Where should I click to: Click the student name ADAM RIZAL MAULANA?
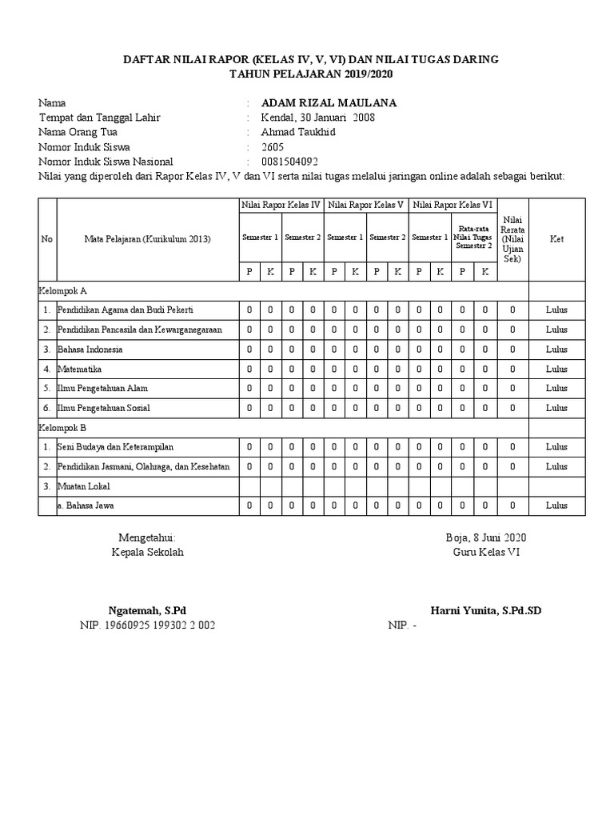point(329,103)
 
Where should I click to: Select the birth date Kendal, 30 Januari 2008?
point(318,118)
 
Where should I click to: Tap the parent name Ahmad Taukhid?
point(298,132)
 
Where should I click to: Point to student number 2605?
point(273,147)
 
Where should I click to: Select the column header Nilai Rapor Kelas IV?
point(281,206)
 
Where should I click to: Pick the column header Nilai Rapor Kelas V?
point(366,206)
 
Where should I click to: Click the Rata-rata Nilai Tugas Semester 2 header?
point(472,237)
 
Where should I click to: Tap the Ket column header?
point(556,239)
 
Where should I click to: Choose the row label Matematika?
point(79,369)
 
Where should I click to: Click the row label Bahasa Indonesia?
point(90,350)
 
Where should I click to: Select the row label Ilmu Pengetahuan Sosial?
point(103,408)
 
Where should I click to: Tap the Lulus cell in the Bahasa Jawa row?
point(556,505)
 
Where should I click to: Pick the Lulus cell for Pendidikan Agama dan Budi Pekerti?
point(556,310)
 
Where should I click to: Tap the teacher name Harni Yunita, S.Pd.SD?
point(485,610)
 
